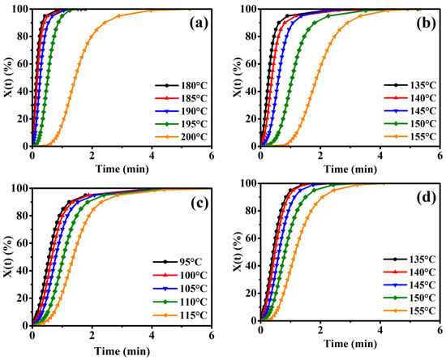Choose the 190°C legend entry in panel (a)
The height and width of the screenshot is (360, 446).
click(x=182, y=110)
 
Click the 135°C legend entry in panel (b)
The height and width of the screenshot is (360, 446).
click(x=410, y=84)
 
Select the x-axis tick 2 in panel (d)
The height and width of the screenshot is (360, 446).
click(x=319, y=335)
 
